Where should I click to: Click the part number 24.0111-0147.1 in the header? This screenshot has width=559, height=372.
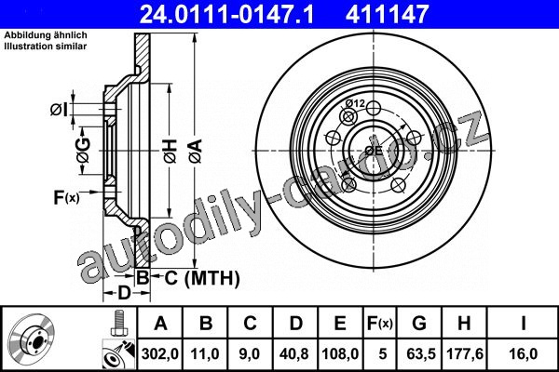(226, 14)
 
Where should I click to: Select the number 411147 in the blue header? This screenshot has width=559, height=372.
(387, 14)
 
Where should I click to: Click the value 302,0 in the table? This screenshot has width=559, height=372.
(159, 353)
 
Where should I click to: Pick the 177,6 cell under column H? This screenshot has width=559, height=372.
(465, 353)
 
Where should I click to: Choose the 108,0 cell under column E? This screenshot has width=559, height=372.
(340, 353)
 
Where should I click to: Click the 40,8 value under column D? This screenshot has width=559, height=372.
(294, 353)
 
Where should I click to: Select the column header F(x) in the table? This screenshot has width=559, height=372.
(380, 324)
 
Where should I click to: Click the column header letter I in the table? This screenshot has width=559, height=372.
(524, 324)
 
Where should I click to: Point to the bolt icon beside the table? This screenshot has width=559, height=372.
(119, 324)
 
